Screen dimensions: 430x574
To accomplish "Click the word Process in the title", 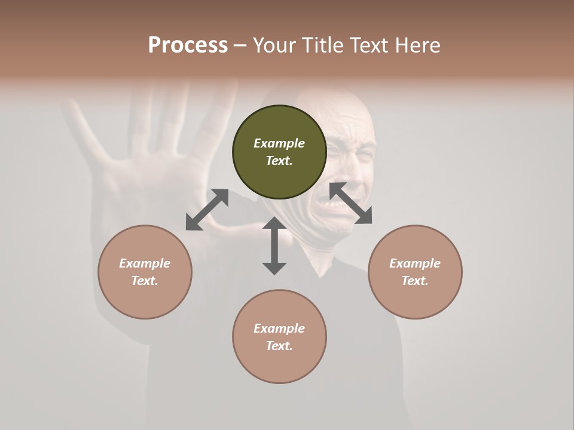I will coord(188,45).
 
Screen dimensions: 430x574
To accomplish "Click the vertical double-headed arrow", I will coord(274,245).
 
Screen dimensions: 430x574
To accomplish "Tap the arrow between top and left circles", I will coord(207,210).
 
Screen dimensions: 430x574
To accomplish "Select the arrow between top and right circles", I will coord(350,203).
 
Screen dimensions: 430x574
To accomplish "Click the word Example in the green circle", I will coord(279,143).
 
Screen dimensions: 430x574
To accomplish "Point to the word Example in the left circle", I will coord(145,263).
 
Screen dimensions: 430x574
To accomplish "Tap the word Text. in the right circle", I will coord(415,281).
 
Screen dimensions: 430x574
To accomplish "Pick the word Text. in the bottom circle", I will coord(279,346).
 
